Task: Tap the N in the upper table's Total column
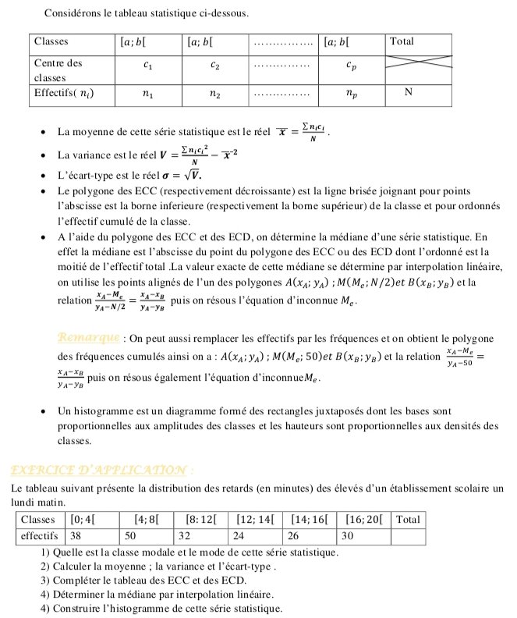click(408, 93)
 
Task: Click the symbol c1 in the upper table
click(148, 66)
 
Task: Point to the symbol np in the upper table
click(352, 94)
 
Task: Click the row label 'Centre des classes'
click(59, 69)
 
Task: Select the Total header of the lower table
click(408, 519)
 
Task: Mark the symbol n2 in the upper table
click(214, 94)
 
